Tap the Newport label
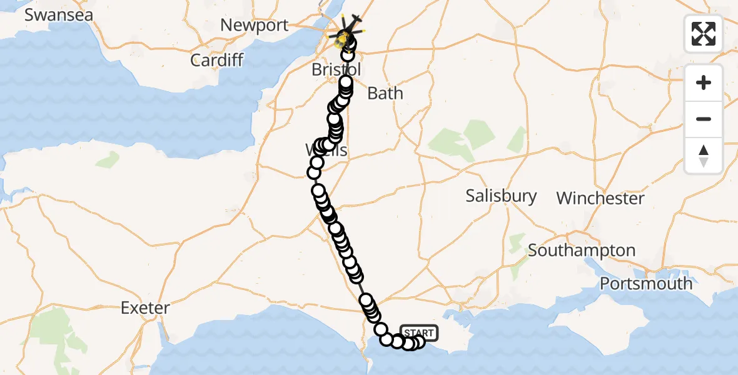[x=255, y=26]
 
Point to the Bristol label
[x=336, y=69]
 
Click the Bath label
[x=385, y=94]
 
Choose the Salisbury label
[x=501, y=196]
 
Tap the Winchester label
[x=600, y=199]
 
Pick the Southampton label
[x=582, y=251]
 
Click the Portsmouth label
[x=646, y=283]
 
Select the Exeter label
[x=145, y=307]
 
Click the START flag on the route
[x=418, y=332]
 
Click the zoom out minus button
[x=704, y=119]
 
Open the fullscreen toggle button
[x=704, y=34]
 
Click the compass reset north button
[x=704, y=155]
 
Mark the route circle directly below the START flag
[x=418, y=341]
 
